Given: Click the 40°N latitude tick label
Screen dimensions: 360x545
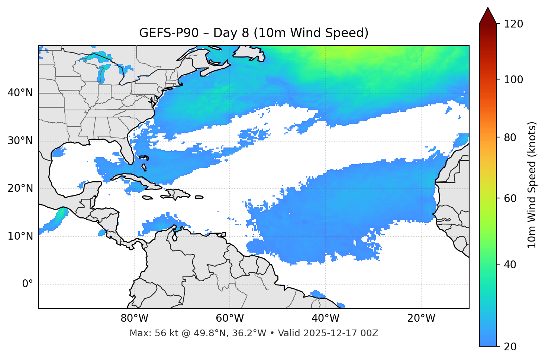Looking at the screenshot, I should (20, 93).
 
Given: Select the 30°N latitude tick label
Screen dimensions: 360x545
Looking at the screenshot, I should (20, 141).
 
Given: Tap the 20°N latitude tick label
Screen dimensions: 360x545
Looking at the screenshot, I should (20, 188).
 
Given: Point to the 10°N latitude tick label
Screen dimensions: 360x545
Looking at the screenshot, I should (20, 236).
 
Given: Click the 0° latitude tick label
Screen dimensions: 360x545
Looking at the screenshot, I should (28, 284).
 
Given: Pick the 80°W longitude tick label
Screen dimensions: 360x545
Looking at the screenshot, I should (134, 318).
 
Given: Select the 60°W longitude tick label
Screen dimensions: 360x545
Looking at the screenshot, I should (230, 318).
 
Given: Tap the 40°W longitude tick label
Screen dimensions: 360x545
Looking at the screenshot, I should (326, 318).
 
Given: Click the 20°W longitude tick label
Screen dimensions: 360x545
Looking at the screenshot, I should (421, 318).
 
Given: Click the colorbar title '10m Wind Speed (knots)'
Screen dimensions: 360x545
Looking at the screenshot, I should (532, 185).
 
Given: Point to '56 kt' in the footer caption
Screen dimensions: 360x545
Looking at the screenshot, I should (164, 333).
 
